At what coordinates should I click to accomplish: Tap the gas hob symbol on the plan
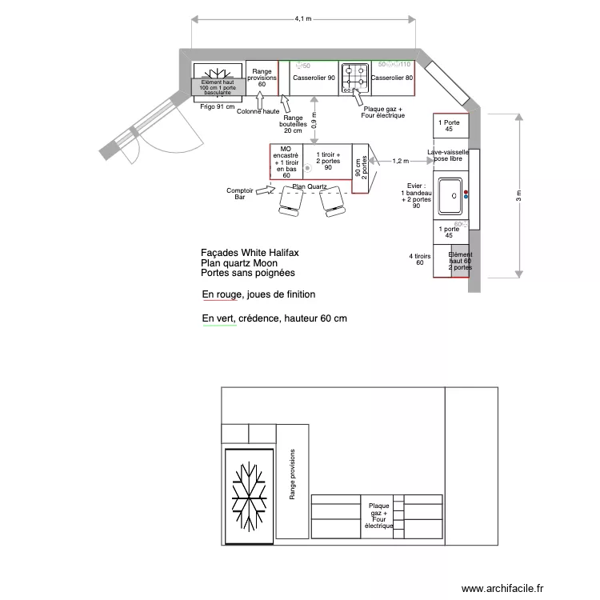coord(353,78)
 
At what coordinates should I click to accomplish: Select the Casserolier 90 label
coord(314,78)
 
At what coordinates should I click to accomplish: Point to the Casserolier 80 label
coord(392,78)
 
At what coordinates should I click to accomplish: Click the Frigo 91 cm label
coord(218,106)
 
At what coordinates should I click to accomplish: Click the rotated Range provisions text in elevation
coord(293,474)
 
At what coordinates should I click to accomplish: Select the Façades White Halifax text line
coord(250,253)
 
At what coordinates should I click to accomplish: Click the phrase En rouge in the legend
coord(221,294)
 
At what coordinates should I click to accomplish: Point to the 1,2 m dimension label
coord(401,161)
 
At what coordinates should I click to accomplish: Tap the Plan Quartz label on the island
coord(310,186)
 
